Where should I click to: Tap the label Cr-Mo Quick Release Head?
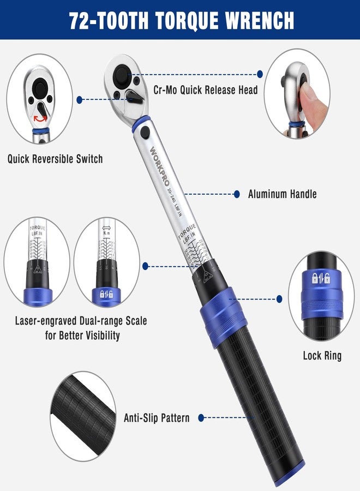click(206, 90)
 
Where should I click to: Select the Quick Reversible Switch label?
click(55, 159)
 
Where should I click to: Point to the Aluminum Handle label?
click(282, 194)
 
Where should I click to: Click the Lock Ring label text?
click(322, 356)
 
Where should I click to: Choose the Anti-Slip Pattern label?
click(157, 418)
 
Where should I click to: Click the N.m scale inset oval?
click(106, 262)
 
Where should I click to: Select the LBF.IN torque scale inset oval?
click(37, 262)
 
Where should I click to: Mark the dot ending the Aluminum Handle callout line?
click(237, 194)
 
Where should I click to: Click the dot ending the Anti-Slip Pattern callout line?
click(201, 418)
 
